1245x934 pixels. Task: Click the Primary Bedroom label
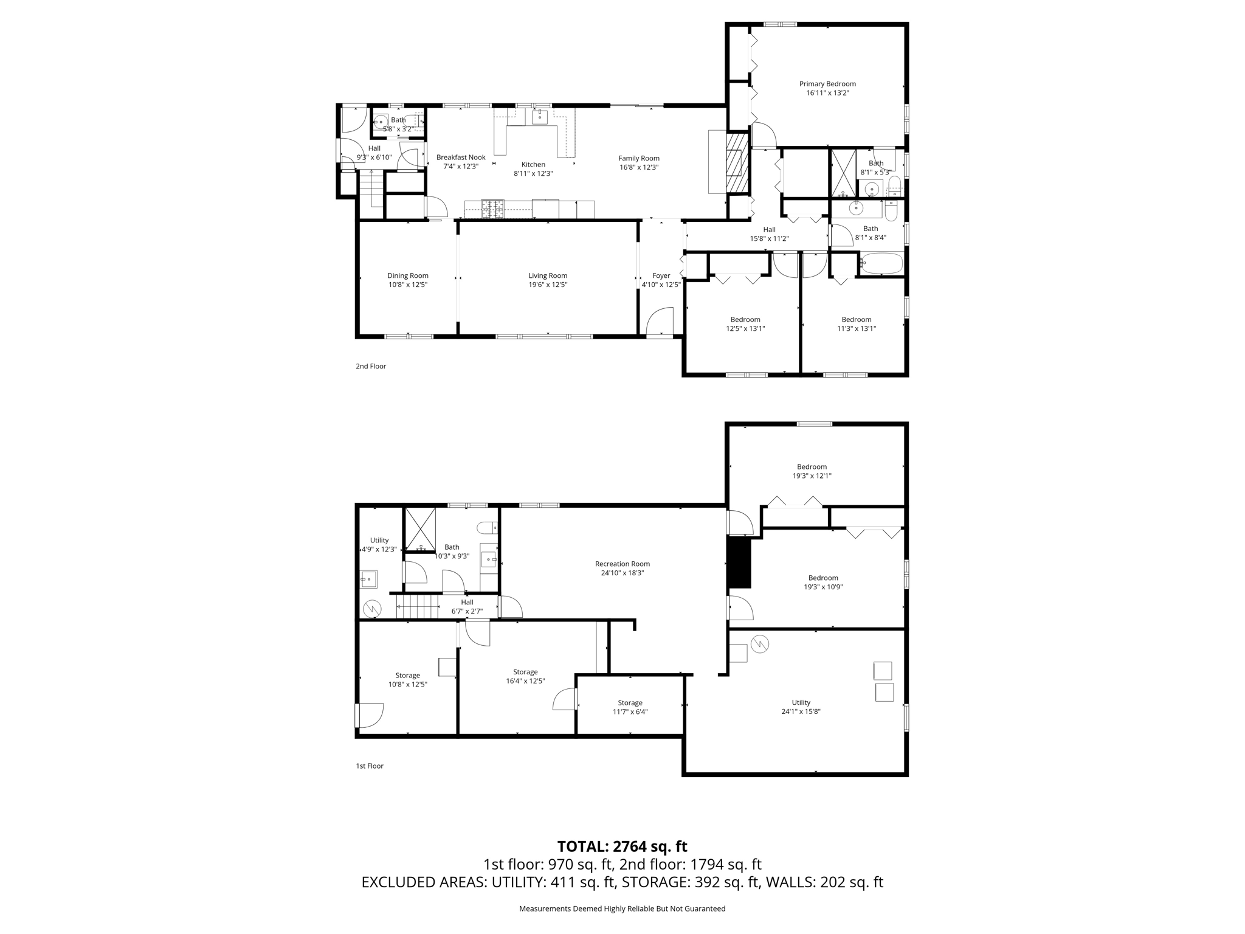pos(827,84)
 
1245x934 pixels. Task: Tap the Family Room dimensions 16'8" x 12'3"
pos(639,167)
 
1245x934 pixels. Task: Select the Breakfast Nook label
pos(461,157)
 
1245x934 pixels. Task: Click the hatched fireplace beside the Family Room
pos(736,171)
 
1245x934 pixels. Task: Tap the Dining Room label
pos(408,275)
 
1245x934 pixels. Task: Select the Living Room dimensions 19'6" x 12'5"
pos(548,285)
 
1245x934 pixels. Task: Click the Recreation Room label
pos(622,564)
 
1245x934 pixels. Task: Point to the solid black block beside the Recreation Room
pos(739,564)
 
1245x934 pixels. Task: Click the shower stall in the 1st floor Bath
pos(421,528)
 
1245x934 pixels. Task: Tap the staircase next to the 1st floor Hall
pos(417,607)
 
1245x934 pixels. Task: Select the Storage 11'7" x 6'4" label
pos(630,703)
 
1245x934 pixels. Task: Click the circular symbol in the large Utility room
pos(760,644)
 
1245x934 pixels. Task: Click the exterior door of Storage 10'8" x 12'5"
pos(369,715)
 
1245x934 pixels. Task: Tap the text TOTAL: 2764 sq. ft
pos(622,846)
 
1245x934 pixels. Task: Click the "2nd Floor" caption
pos(371,366)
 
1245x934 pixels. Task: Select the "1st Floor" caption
pos(370,766)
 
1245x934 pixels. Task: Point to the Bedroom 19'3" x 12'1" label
pos(812,467)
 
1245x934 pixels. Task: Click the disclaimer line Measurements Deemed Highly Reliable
pos(622,908)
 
